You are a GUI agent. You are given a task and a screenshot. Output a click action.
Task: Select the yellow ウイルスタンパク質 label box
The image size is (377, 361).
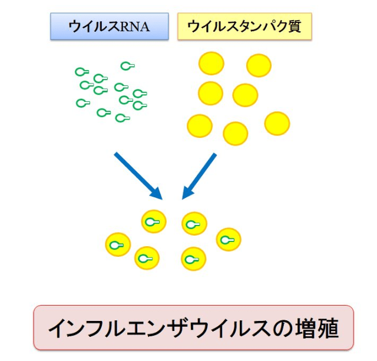pos(244,27)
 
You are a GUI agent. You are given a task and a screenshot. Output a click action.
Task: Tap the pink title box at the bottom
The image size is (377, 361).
pos(194,327)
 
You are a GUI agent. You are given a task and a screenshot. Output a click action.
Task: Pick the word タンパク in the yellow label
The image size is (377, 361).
pos(259,27)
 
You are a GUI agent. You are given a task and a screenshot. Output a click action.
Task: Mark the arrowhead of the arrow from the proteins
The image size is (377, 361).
pos(187,194)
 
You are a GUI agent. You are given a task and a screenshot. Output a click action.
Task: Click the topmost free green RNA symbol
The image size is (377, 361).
pos(127,66)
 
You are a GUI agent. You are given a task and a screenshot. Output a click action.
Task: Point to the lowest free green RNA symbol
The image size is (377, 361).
pos(122,118)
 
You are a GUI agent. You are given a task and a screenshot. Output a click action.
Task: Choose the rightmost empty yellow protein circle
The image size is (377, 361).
pos(277,123)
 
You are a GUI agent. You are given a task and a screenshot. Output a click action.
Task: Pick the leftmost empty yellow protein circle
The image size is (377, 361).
pos(199,125)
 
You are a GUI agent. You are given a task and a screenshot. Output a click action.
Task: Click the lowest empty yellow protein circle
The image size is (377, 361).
pos(236,133)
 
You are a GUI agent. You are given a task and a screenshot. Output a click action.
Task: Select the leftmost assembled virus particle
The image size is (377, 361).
pos(117,245)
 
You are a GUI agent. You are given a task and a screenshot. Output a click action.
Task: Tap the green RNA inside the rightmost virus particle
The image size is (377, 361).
pos(229,239)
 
